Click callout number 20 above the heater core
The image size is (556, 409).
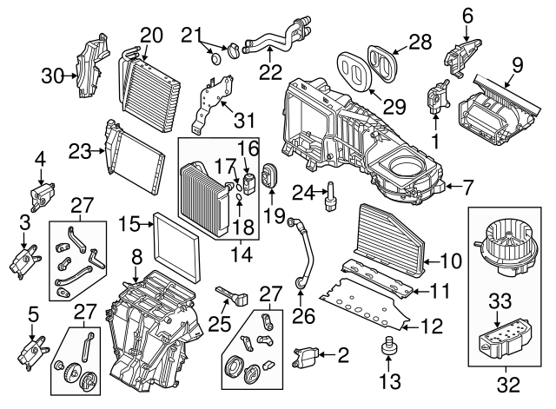pyautogui.click(x=151, y=35)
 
